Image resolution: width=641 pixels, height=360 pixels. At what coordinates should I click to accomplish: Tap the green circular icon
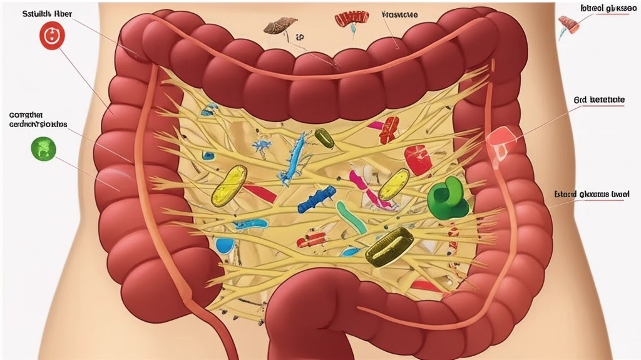tap(43, 148)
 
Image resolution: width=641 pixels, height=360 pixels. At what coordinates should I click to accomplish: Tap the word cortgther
tap(26, 115)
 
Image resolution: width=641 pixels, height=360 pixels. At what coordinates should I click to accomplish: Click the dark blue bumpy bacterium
tap(316, 198)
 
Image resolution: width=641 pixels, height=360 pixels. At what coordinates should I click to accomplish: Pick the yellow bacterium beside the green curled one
tap(394, 184)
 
